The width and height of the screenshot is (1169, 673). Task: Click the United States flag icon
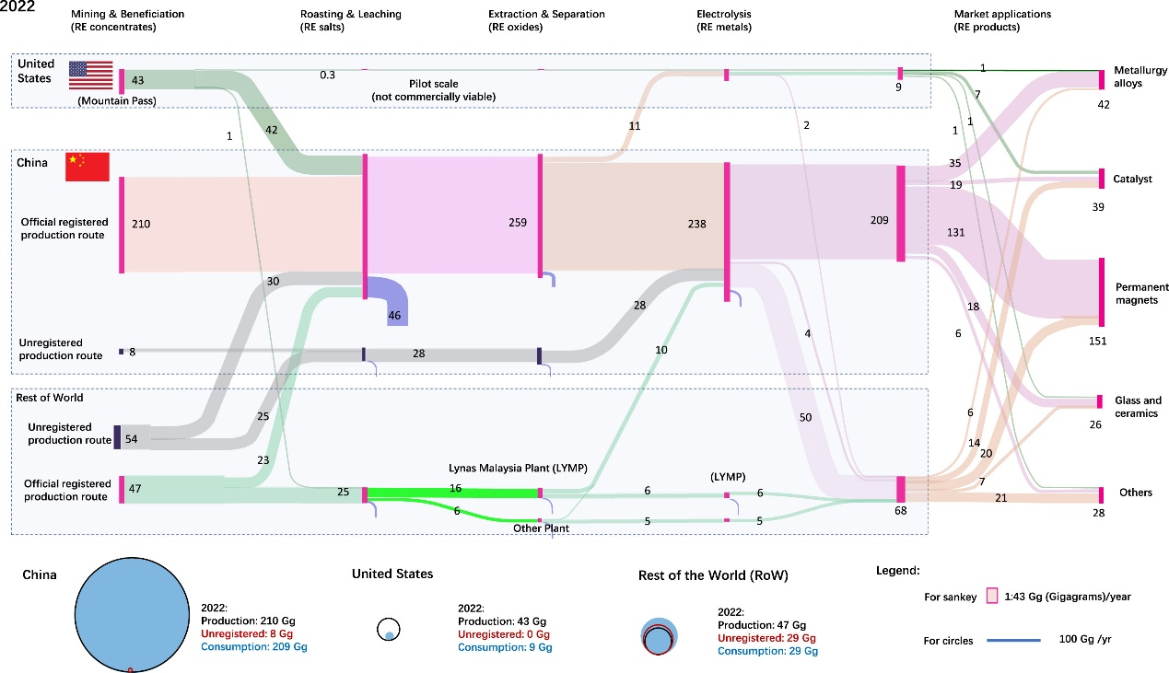coord(90,75)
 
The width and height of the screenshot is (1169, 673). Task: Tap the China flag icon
coord(87,167)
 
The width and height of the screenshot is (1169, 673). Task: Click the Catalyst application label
coord(1132,180)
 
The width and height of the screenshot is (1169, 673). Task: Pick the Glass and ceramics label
coord(1138,406)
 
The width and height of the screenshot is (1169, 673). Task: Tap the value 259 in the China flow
coord(518,223)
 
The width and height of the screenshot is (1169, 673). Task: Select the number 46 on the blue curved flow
coord(395,316)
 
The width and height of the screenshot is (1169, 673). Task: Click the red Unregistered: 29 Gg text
coord(766,638)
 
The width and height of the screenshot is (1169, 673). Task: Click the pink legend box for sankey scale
coord(992,596)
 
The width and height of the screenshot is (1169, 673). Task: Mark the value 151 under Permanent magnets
coord(1097,342)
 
